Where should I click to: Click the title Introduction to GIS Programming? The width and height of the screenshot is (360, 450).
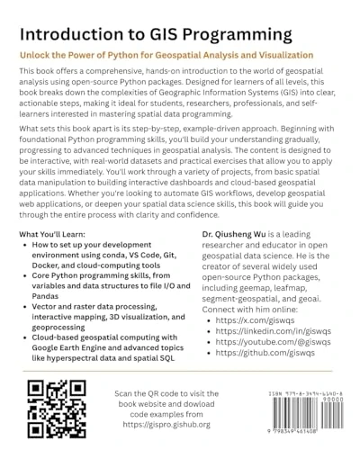tap(151, 34)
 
